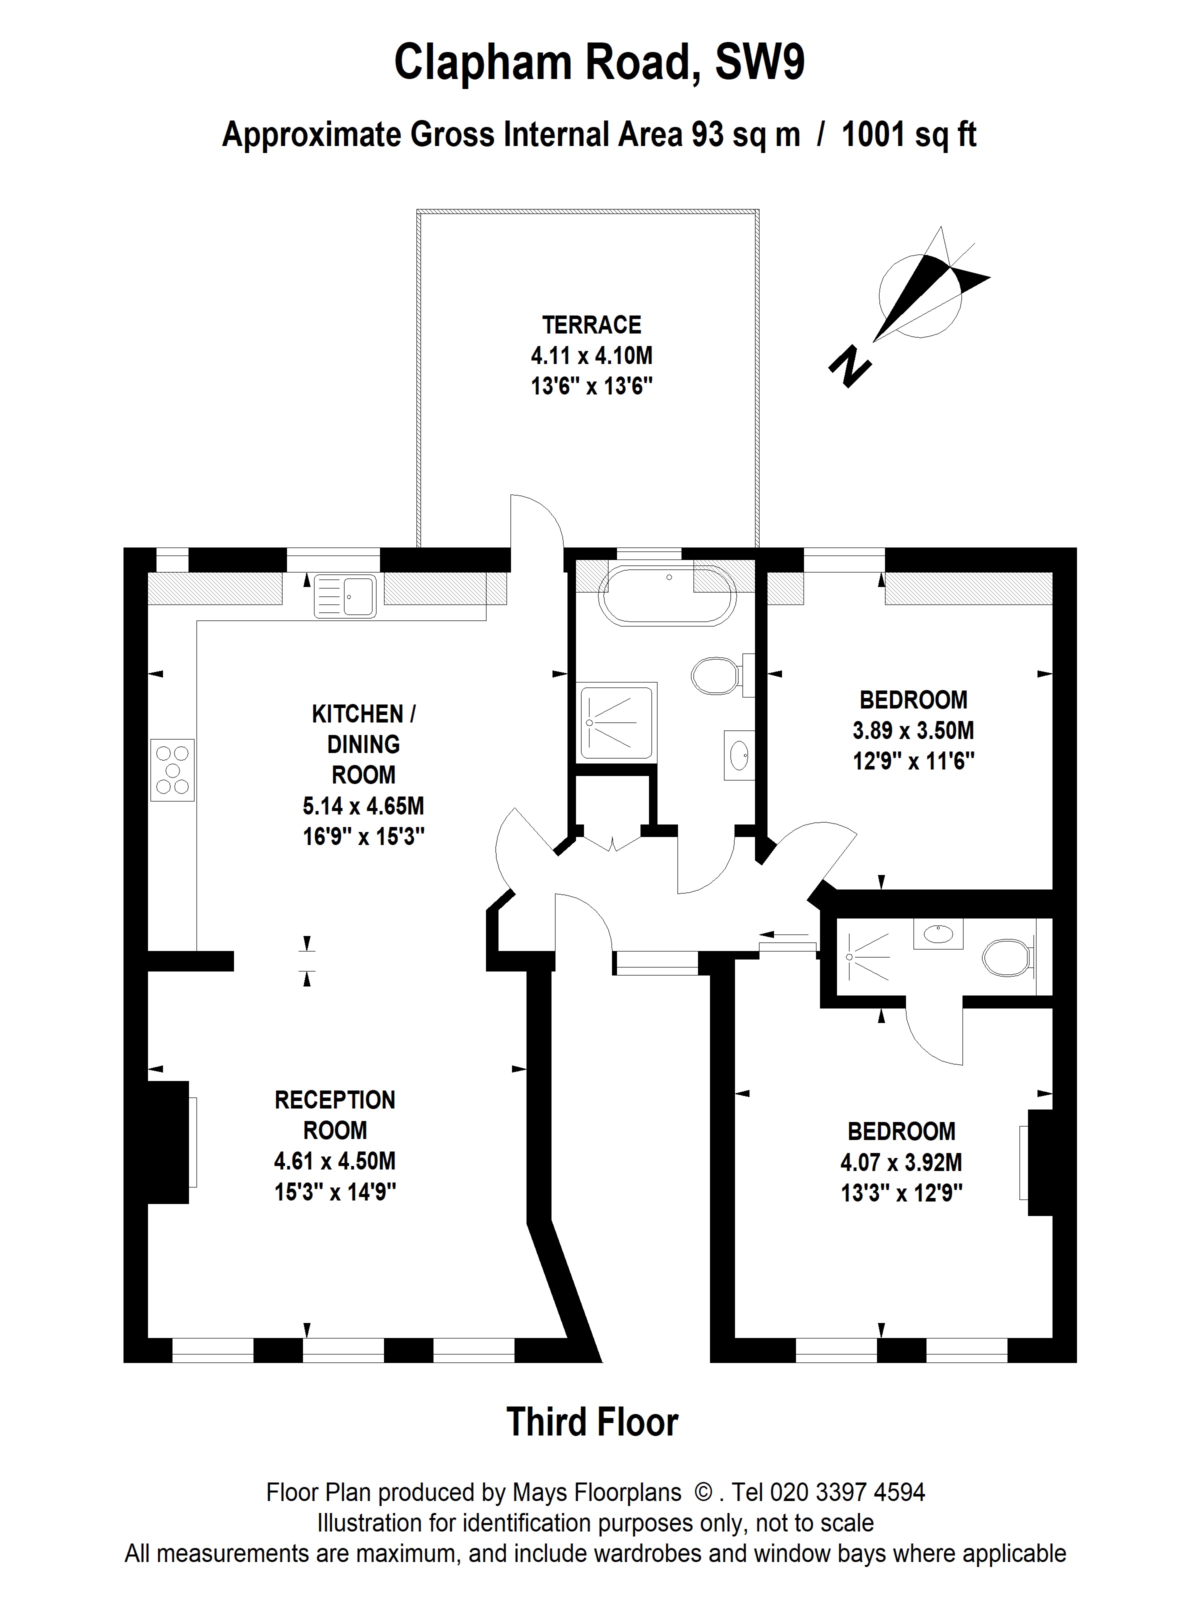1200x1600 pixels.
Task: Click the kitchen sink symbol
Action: [x=345, y=595]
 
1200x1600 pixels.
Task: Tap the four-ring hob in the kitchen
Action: [x=172, y=769]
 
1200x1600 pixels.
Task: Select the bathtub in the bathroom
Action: [x=667, y=595]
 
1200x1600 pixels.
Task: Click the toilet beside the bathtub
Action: [x=716, y=675]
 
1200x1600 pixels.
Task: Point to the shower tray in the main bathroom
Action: [x=617, y=722]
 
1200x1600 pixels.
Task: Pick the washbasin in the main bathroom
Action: [x=739, y=755]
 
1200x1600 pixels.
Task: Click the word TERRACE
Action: [x=591, y=325]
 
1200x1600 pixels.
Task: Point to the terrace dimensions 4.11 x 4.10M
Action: [x=591, y=356]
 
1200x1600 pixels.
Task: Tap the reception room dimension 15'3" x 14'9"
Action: [x=335, y=1191]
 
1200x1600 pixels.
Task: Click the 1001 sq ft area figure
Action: [x=908, y=134]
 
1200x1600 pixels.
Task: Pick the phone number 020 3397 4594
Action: [x=847, y=1492]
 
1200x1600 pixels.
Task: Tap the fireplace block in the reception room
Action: [x=168, y=1141]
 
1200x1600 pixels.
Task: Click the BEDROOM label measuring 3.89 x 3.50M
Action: [x=913, y=699]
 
